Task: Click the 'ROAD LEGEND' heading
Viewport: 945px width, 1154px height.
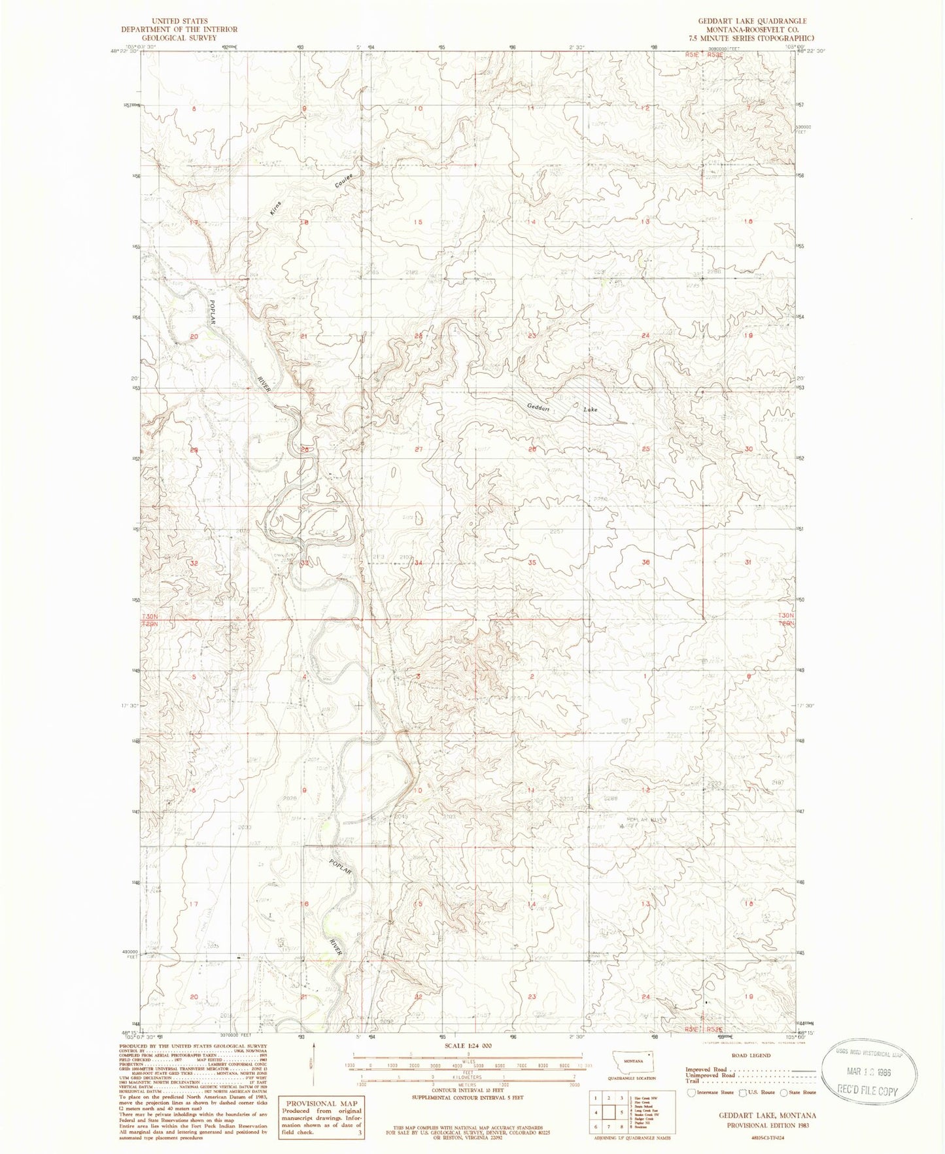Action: click(750, 1055)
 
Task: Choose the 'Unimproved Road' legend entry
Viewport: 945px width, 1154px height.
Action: click(710, 1075)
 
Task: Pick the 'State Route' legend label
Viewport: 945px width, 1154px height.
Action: click(801, 1092)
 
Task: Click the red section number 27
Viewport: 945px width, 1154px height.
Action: click(419, 450)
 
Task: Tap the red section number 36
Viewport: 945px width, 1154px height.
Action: click(645, 562)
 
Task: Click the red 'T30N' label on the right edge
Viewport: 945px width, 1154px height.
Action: click(786, 616)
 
